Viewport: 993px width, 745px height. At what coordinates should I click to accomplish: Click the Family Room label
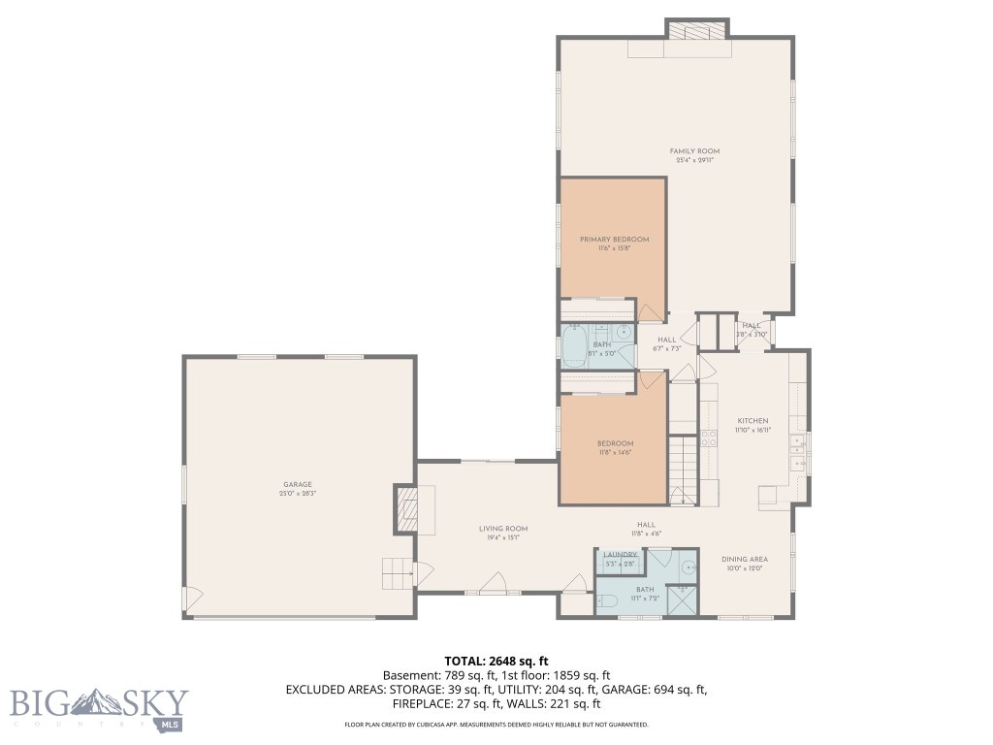tap(694, 151)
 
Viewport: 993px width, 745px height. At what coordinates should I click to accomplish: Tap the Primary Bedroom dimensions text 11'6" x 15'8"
tap(614, 248)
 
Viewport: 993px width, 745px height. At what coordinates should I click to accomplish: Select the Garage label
tap(298, 484)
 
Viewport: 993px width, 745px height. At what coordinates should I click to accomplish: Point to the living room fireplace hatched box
tap(404, 508)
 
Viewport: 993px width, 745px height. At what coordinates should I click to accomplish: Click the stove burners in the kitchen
tap(708, 437)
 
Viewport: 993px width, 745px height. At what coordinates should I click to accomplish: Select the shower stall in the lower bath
tap(683, 599)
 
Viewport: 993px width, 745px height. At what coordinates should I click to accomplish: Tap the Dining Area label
tap(745, 559)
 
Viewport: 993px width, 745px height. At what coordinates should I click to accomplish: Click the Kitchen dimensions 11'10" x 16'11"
tap(752, 430)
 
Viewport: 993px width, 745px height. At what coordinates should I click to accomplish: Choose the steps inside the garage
tap(398, 574)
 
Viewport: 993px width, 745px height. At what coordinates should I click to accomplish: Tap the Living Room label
tap(502, 529)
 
